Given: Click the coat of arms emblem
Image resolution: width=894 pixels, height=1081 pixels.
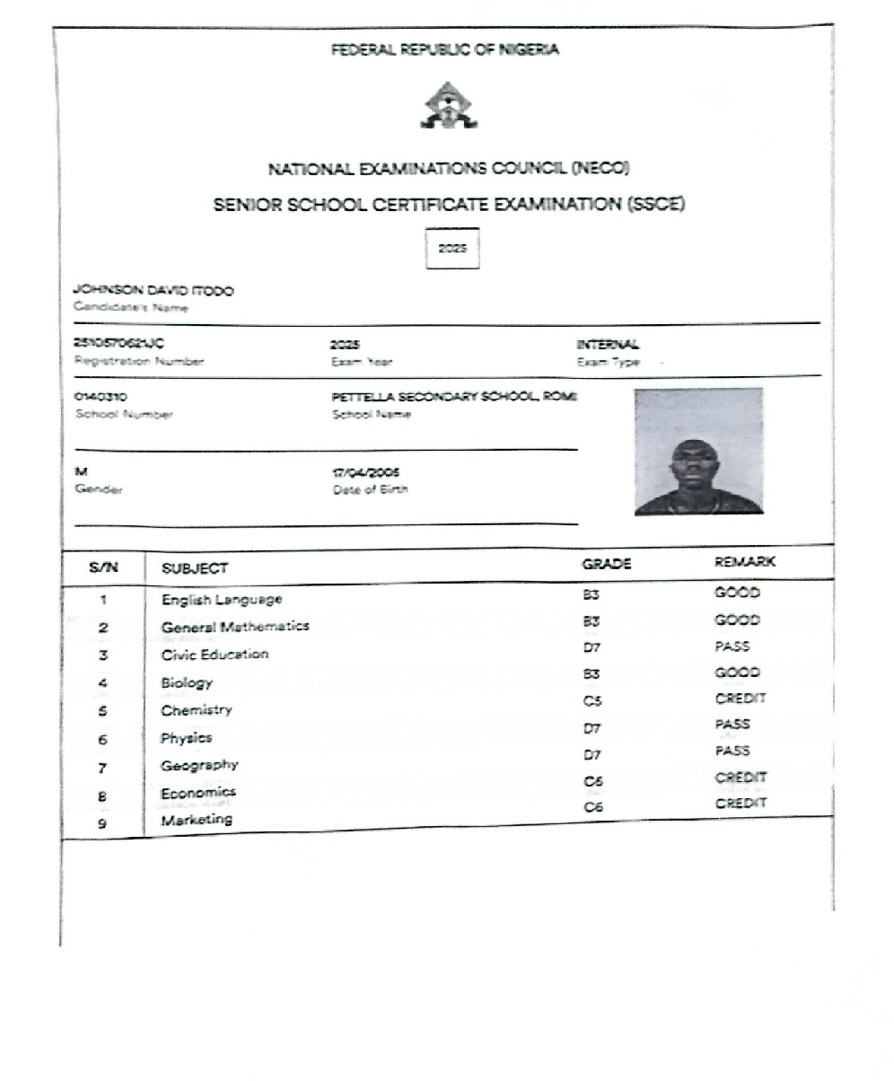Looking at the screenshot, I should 450,106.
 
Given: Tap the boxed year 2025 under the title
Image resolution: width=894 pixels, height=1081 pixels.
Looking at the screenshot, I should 452,249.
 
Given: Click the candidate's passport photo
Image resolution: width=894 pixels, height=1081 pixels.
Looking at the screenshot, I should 698,451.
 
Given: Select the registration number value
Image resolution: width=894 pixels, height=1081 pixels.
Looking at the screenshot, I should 118,343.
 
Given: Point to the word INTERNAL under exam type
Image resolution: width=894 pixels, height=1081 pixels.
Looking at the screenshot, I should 608,344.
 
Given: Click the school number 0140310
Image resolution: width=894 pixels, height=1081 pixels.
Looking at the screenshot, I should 101,396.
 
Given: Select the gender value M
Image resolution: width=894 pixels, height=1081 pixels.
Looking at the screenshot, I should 81,471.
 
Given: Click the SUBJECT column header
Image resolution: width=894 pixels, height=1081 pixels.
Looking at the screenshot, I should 194,568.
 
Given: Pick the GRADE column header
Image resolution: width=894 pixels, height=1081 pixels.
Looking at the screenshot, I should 607,564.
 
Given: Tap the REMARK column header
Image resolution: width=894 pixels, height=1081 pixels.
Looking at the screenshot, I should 744,562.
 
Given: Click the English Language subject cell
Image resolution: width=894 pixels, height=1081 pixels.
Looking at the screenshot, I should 222,599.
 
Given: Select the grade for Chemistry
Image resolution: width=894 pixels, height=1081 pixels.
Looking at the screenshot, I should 592,699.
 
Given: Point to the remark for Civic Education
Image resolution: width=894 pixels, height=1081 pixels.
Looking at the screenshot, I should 732,646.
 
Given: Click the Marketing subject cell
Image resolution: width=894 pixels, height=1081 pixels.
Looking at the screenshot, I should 197,820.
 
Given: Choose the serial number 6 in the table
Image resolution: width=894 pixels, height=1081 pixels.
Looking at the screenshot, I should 103,741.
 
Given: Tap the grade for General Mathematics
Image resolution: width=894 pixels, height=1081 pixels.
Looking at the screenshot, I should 591,620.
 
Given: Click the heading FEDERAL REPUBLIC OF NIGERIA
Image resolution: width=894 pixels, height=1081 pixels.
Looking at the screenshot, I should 445,49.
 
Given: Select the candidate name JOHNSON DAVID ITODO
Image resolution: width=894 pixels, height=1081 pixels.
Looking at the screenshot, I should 153,291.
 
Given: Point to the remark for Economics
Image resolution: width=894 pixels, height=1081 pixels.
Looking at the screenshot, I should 741,778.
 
